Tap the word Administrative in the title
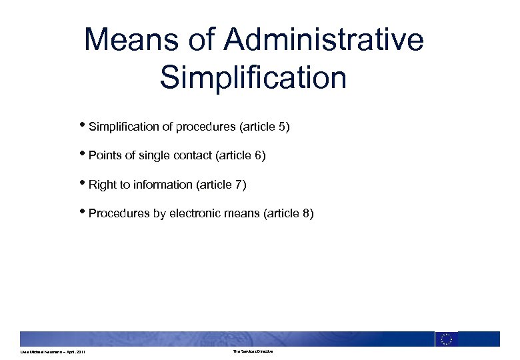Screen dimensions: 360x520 [324, 40]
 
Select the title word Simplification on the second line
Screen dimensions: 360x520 [253, 77]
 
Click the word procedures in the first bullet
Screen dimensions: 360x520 [205, 127]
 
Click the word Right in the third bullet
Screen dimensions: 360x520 [103, 185]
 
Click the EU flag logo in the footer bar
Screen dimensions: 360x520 [447, 339]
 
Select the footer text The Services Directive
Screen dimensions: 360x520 [253, 351]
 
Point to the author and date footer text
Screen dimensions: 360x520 [53, 352]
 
